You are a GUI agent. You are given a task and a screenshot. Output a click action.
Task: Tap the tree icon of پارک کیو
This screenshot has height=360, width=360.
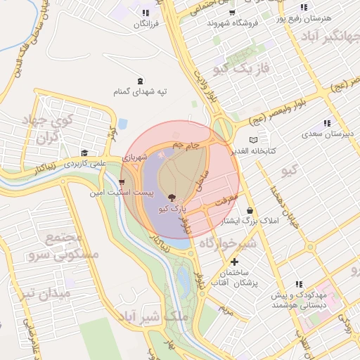pyautogui.click(x=173, y=198)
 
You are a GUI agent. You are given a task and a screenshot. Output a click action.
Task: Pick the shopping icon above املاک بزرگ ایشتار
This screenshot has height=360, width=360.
pyautogui.click(x=250, y=210)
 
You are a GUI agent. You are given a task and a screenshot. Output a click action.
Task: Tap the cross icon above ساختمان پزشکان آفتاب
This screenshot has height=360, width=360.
pyautogui.click(x=235, y=262)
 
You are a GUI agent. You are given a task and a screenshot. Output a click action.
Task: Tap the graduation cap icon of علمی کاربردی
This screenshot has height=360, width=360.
pyautogui.click(x=84, y=153)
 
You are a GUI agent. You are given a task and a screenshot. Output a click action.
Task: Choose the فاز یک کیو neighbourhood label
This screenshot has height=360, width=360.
pyautogui.click(x=241, y=69)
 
